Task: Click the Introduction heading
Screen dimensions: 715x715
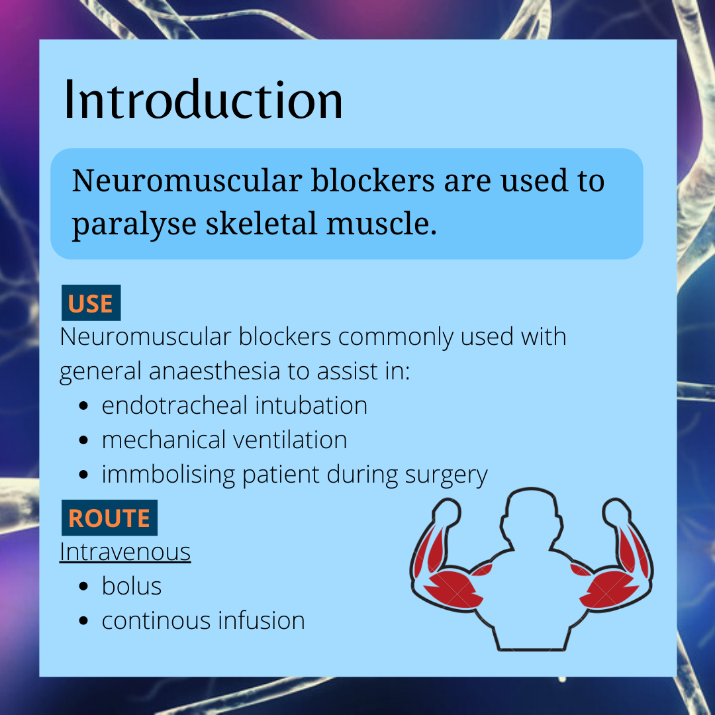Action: [x=203, y=101]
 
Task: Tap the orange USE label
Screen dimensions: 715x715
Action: [x=91, y=304]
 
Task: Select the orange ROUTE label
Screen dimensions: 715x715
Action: [x=109, y=518]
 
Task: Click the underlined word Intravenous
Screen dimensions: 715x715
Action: [x=125, y=551]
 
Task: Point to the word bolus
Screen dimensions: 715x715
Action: [x=131, y=587]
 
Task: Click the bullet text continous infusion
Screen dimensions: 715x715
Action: [x=203, y=621]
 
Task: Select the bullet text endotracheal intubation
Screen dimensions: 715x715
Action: [x=234, y=405]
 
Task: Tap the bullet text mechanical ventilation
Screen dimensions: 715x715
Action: [x=224, y=440]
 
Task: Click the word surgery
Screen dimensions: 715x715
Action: [x=446, y=475]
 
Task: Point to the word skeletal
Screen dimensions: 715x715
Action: [x=262, y=224]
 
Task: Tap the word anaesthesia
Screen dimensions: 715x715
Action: [x=214, y=371]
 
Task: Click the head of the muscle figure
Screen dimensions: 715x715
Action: [x=530, y=516]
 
